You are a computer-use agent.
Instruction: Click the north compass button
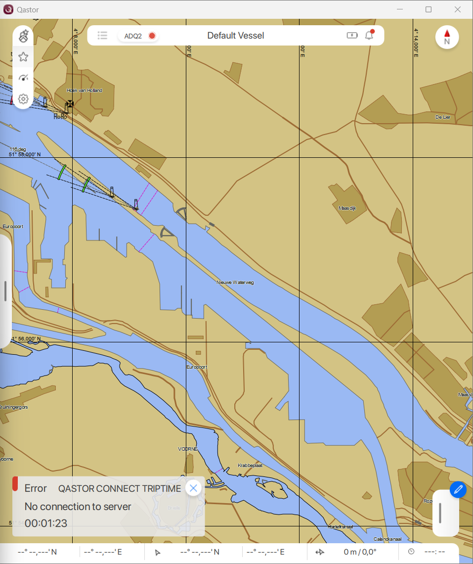447,37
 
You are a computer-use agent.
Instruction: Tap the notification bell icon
369,35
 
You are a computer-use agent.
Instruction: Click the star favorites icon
23,57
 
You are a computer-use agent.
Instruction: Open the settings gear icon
23,99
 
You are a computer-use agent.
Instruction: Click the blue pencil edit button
458,490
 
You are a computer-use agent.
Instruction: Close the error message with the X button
193,488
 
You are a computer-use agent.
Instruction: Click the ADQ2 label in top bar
133,36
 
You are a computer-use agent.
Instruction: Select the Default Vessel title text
235,36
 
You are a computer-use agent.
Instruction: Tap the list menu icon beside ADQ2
102,35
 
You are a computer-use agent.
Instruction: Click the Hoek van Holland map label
85,91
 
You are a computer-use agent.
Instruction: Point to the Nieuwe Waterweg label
235,282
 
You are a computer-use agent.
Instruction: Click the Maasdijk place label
347,208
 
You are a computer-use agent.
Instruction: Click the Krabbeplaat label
250,466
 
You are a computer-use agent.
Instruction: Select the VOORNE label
188,449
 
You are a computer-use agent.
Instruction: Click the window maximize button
429,9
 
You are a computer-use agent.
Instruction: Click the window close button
458,9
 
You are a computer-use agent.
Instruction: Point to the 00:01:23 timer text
46,523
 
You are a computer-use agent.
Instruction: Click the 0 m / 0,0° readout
360,552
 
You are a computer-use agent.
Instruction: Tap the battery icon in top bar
352,35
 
